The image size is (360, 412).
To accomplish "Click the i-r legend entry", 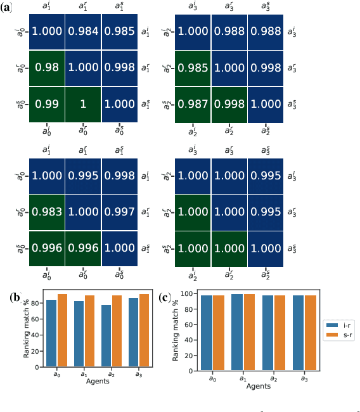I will [x=339, y=325].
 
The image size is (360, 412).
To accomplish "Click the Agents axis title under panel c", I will [x=261, y=385].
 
